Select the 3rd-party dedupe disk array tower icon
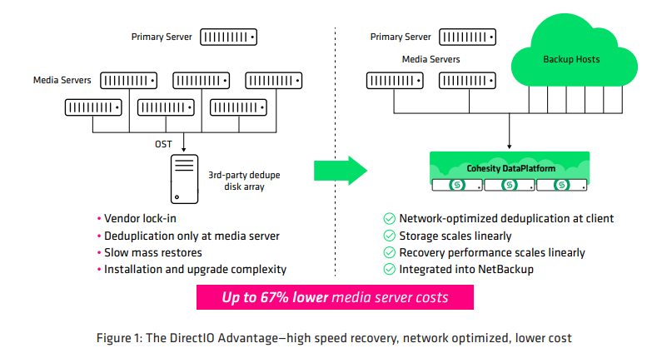coord(184,179)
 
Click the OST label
coord(163,144)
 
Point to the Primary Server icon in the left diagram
coord(227,37)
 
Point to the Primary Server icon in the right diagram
coord(467,37)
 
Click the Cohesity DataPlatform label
coord(508,168)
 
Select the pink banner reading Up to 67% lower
coord(335,297)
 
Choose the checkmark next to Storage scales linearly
coord(389,236)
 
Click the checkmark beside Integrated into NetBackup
coord(389,269)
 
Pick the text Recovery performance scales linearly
coord(492,252)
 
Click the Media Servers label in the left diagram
coord(62,80)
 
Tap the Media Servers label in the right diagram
coord(431,59)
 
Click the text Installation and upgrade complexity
coord(196,269)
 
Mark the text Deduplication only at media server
coord(192,236)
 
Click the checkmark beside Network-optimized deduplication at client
coord(389,219)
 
